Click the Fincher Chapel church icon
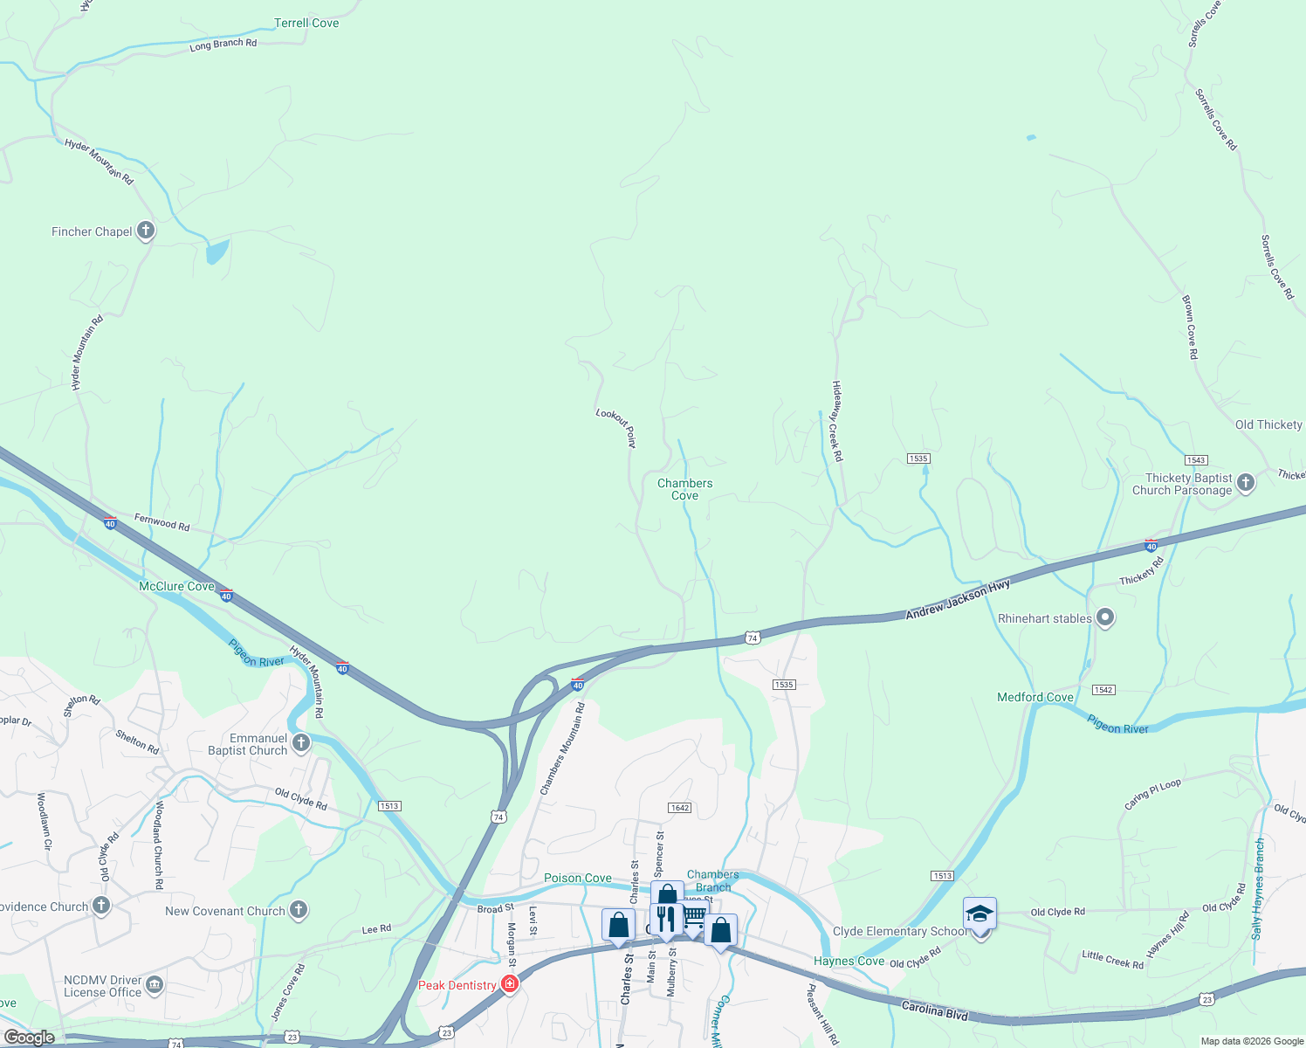[x=146, y=231]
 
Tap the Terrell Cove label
[x=306, y=23]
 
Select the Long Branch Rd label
[x=223, y=44]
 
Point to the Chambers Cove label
[x=685, y=489]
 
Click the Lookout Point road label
[x=616, y=428]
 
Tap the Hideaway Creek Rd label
[x=836, y=421]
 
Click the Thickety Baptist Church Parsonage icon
[x=1246, y=482]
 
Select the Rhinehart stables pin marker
[x=1105, y=618]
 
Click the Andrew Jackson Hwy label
[x=958, y=600]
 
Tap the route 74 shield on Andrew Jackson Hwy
[x=753, y=638]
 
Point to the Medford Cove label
[x=1035, y=697]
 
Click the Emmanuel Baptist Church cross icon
[x=301, y=743]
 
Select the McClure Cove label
[x=176, y=586]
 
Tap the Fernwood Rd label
[x=162, y=522]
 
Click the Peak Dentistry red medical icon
[x=510, y=985]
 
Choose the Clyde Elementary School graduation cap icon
[x=979, y=914]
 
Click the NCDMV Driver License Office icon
[x=155, y=986]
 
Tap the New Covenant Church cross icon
[x=299, y=911]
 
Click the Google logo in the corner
[x=30, y=1037]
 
